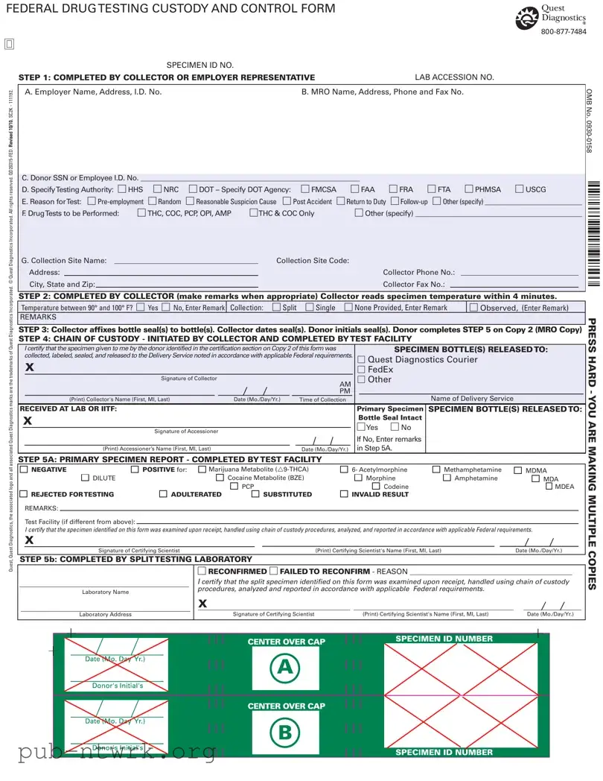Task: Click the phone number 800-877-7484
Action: click(x=564, y=32)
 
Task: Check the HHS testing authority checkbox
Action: click(x=123, y=189)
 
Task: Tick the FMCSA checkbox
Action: click(x=305, y=189)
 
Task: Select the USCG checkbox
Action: click(x=520, y=189)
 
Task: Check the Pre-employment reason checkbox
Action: click(x=92, y=201)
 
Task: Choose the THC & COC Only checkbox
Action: click(x=253, y=213)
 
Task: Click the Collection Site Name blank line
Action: click(x=185, y=262)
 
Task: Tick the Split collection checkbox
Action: click(x=276, y=307)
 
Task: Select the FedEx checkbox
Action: click(x=362, y=370)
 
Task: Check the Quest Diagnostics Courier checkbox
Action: click(x=362, y=360)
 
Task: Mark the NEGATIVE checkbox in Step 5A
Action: click(x=25, y=470)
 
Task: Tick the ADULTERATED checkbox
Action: click(x=164, y=494)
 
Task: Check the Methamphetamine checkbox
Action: click(x=437, y=470)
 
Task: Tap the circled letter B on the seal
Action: click(x=285, y=733)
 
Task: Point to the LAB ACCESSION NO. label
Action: click(x=454, y=78)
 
